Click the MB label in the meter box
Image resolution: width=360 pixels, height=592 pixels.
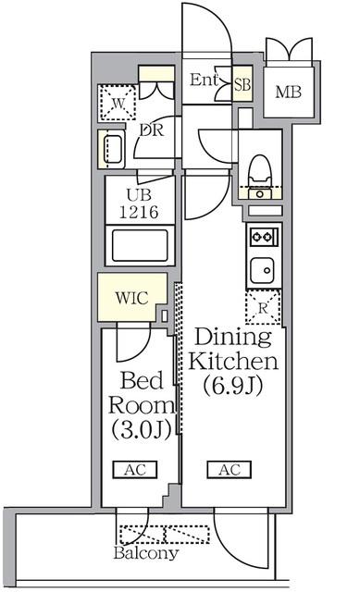288,92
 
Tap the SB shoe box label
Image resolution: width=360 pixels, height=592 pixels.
242,84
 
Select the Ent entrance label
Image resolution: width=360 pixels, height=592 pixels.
204,80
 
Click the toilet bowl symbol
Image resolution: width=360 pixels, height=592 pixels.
259,169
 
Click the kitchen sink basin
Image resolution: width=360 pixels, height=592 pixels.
262,269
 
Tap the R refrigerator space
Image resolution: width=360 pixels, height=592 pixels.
263,308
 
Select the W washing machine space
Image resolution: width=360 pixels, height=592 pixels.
118,103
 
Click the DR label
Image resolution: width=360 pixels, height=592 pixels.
152,130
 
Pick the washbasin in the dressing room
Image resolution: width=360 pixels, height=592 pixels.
111,149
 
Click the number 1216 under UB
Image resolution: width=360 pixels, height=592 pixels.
139,212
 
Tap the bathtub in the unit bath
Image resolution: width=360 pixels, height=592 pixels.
140,245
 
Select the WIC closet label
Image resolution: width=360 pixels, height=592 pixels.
131,298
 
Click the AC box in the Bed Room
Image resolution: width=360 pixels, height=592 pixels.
135,470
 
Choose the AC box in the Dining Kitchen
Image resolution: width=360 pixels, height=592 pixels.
230,470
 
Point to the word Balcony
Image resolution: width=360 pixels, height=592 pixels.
146,553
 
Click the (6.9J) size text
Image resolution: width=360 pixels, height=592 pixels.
232,386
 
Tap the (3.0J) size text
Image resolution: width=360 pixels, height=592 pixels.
142,429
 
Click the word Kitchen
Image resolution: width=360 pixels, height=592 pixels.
233,361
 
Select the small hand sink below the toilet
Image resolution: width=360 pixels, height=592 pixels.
260,194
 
